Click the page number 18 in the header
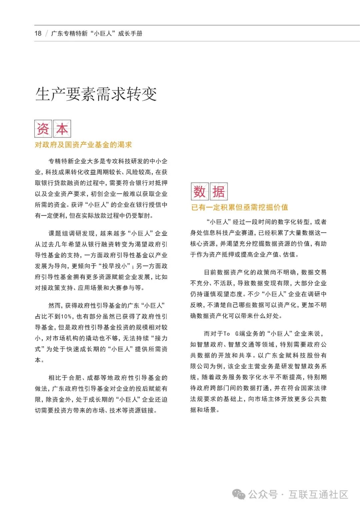click(38, 33)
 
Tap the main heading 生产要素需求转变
click(96, 94)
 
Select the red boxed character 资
click(43, 129)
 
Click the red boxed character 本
click(62, 129)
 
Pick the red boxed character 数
click(200, 191)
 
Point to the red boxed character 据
click(219, 191)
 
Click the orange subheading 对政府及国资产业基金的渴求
click(83, 145)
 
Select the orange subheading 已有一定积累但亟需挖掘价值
click(239, 207)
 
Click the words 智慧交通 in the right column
click(241, 345)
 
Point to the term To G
click(231, 334)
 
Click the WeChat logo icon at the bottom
click(239, 494)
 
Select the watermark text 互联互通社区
click(318, 494)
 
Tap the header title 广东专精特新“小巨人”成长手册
click(97, 33)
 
